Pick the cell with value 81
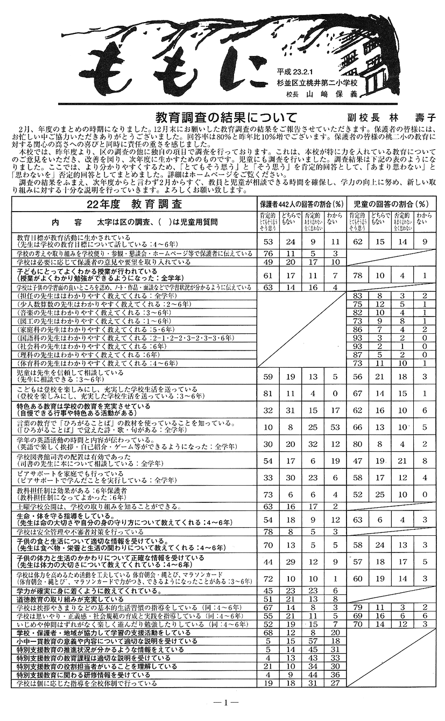tap(269, 394)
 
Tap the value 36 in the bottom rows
tap(336, 675)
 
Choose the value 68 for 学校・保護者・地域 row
tap(269, 633)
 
